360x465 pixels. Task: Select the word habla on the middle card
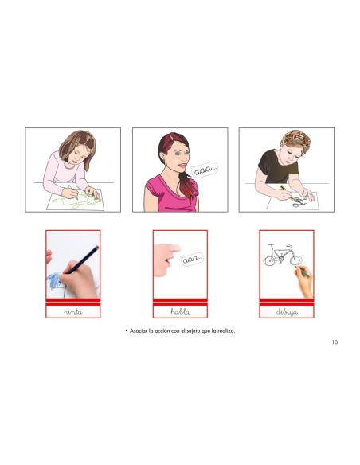click(180, 312)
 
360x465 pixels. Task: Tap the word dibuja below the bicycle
click(287, 312)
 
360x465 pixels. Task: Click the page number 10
click(335, 343)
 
